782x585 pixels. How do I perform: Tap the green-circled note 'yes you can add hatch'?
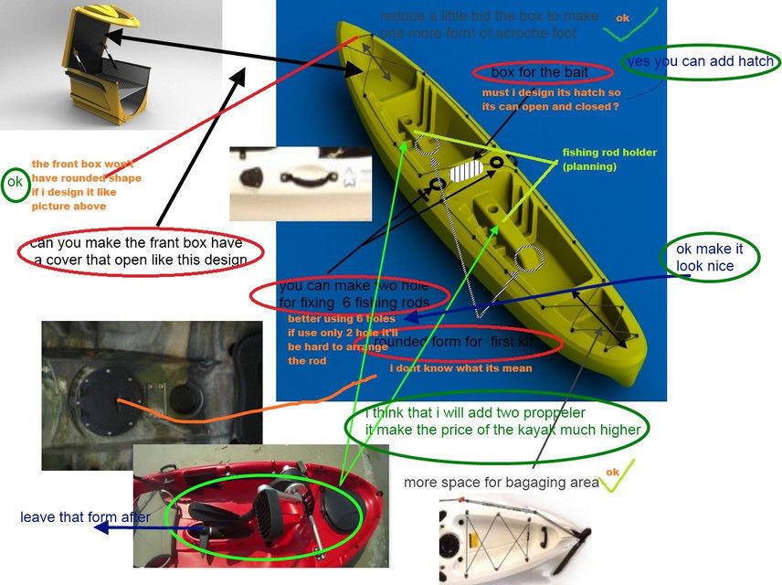[x=701, y=62]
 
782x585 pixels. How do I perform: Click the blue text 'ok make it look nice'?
[x=704, y=258]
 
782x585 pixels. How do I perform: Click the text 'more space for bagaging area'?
[x=502, y=482]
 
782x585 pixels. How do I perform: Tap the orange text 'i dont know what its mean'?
[x=460, y=367]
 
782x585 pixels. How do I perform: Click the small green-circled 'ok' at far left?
[x=15, y=183]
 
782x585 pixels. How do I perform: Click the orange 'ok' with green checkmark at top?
[x=623, y=18]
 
